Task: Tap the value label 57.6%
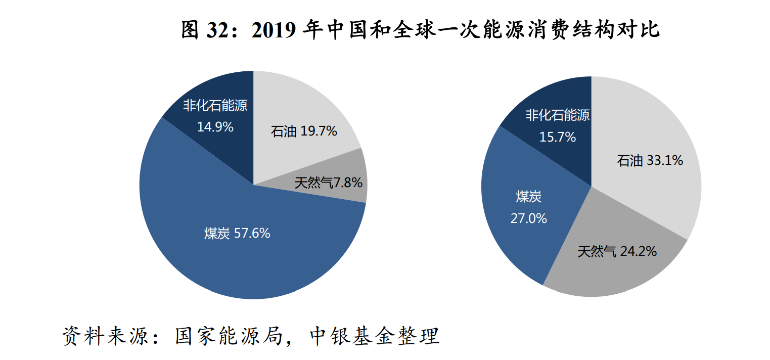pyautogui.click(x=252, y=234)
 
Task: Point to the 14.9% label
pyautogui.click(x=215, y=127)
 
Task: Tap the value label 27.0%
pyautogui.click(x=529, y=219)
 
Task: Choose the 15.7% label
pyautogui.click(x=558, y=137)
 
